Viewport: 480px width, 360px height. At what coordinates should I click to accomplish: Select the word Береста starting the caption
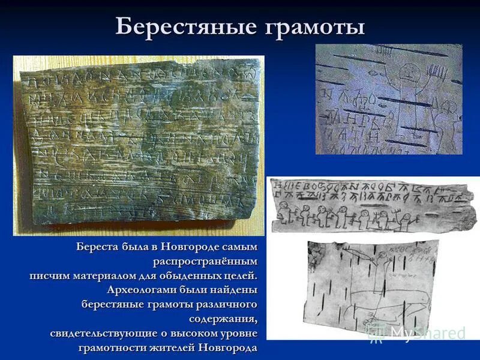(x=97, y=247)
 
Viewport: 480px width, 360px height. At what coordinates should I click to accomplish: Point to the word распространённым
(x=205, y=261)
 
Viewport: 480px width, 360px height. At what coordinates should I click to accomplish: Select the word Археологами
(x=142, y=290)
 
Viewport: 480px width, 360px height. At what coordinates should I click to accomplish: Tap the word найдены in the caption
(x=235, y=290)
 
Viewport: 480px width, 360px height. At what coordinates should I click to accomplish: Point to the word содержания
(x=223, y=319)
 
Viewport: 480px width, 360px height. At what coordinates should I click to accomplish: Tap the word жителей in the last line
(x=166, y=347)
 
